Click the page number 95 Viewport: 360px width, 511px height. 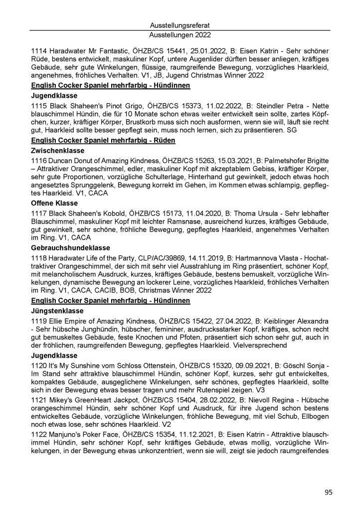point(328,493)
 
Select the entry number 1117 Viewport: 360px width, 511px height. point(38,213)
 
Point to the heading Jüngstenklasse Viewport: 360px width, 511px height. point(56,312)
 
